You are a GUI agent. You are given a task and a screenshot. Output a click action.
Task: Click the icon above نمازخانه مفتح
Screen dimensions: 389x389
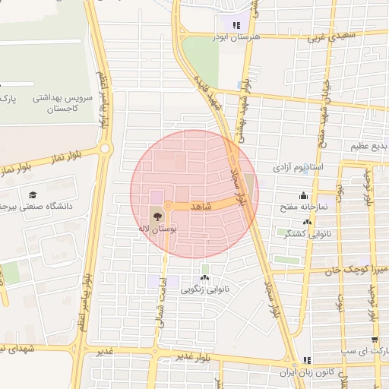(304, 195)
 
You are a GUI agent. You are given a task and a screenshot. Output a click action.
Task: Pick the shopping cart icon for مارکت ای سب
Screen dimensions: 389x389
(374, 340)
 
